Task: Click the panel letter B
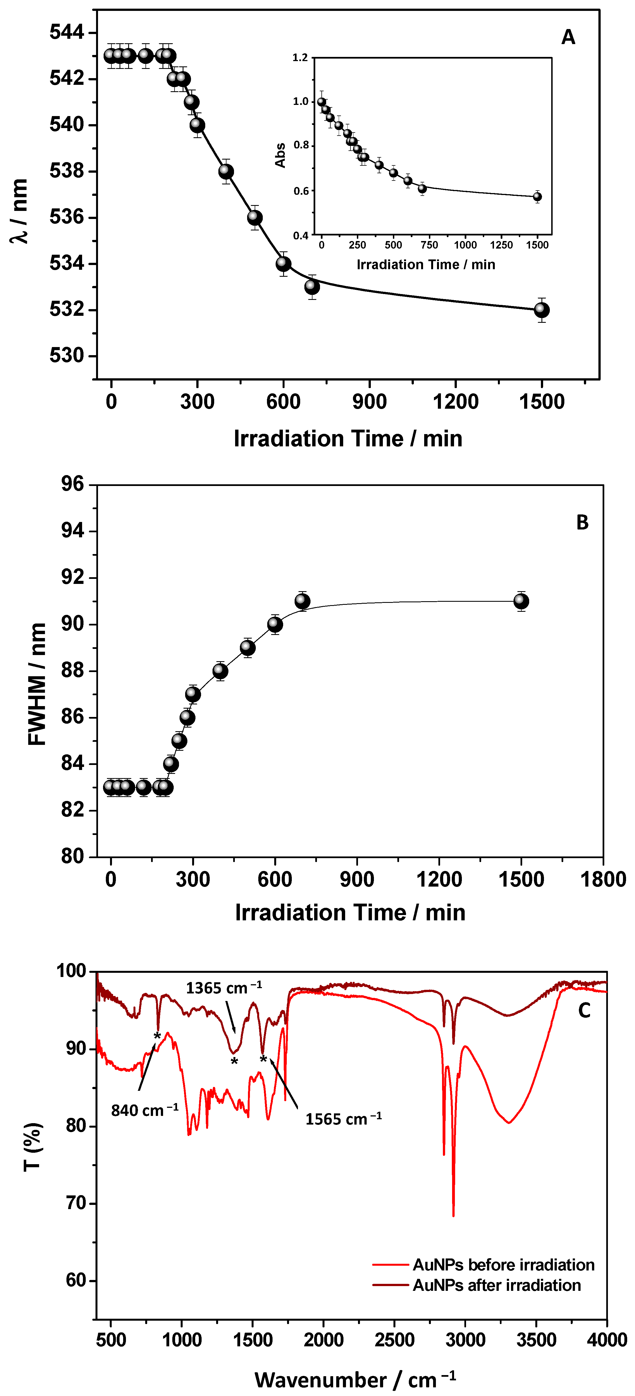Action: pyautogui.click(x=582, y=523)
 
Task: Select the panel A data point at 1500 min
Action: pyautogui.click(x=541, y=310)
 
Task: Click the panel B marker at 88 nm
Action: pyautogui.click(x=220, y=671)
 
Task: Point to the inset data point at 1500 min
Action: pyautogui.click(x=537, y=197)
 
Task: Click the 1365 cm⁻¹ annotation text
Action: pyautogui.click(x=223, y=988)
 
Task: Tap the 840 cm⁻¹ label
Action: pyautogui.click(x=144, y=1110)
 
